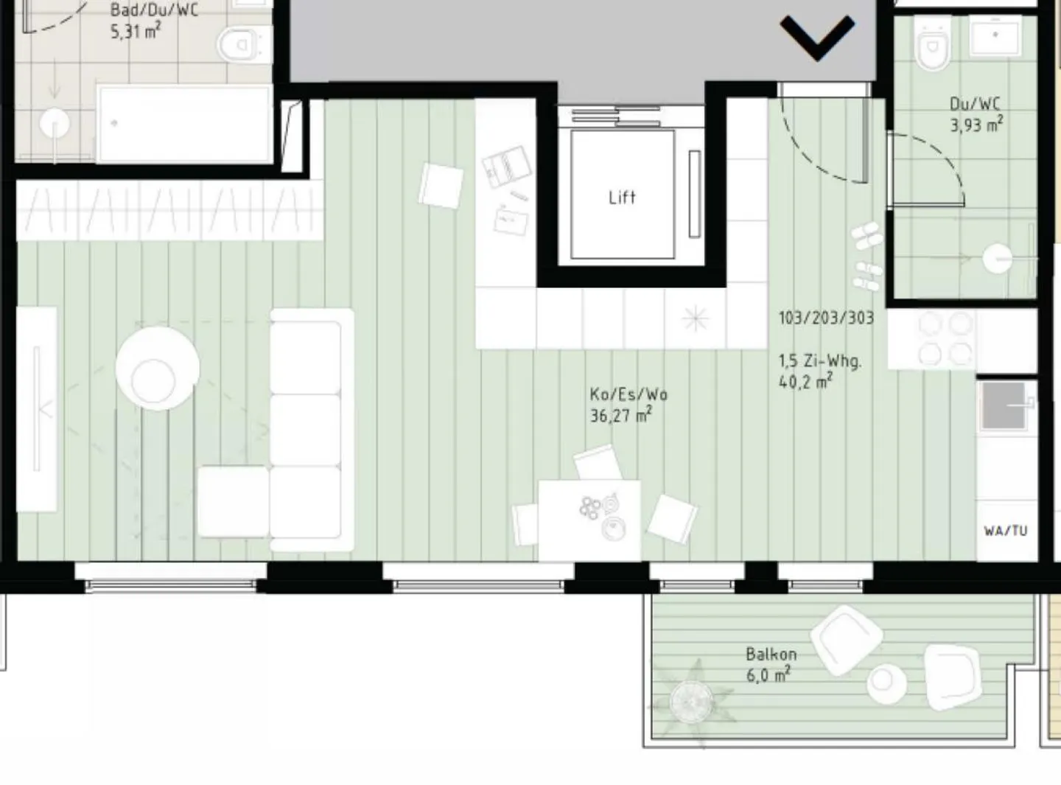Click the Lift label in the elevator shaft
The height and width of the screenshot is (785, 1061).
coord(622,197)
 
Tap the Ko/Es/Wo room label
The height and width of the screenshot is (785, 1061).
coord(628,394)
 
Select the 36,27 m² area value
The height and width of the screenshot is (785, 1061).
coord(620,416)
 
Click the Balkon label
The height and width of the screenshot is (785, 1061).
coord(771,654)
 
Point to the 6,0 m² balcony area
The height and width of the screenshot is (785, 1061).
coord(768,674)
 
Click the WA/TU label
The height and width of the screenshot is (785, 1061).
coord(1005,531)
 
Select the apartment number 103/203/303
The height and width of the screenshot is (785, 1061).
coord(826,318)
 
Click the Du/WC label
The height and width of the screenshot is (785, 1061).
coord(975,104)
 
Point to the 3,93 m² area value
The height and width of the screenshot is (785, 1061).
coord(976,125)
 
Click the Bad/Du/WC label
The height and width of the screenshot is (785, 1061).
coord(153,10)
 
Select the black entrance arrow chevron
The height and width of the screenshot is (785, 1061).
coord(817,37)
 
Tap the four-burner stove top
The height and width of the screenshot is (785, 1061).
coord(945,339)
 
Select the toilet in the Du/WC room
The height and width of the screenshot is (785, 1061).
coord(933,44)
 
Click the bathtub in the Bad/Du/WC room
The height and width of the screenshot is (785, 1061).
coord(184,124)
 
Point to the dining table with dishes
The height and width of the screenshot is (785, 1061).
coord(589,520)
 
